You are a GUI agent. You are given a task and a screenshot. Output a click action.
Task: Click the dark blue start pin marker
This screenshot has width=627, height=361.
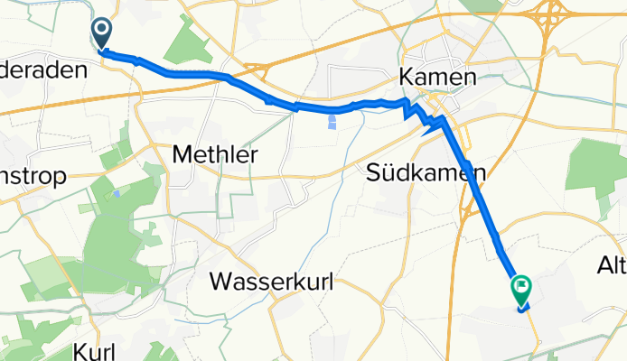click(101, 34)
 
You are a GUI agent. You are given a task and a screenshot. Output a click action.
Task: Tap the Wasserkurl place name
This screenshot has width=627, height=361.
click(272, 282)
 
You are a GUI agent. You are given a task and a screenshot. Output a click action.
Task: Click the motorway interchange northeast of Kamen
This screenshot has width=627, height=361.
click(552, 15)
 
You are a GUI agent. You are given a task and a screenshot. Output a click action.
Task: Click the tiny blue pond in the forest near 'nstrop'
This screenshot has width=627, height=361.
click(117, 194)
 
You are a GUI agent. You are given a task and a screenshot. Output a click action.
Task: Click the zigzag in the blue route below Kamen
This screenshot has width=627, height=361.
click(417, 113)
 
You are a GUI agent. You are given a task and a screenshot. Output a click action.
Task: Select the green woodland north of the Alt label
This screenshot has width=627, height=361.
click(595, 171)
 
